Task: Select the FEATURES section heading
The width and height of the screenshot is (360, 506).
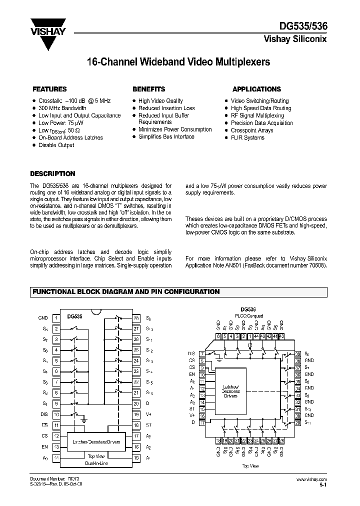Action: pyautogui.click(x=49, y=89)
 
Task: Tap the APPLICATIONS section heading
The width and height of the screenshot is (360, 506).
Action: pyautogui.click(x=256, y=89)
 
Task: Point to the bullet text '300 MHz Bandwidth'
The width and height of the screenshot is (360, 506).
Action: pyautogui.click(x=62, y=108)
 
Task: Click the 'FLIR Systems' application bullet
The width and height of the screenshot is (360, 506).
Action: pyautogui.click(x=247, y=137)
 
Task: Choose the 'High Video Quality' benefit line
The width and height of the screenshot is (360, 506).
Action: pyautogui.click(x=160, y=100)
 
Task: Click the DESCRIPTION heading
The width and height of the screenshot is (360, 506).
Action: pyautogui.click(x=52, y=174)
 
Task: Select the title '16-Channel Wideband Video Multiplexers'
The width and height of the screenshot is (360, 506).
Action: pyautogui.click(x=178, y=62)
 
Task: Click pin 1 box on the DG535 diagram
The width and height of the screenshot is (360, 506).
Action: pyautogui.click(x=56, y=318)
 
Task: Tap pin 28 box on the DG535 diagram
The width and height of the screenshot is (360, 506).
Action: pyautogui.click(x=135, y=318)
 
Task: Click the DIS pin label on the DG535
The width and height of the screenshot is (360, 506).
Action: pyautogui.click(x=43, y=414)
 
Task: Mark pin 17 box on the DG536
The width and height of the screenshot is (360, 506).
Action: pyautogui.click(x=202, y=423)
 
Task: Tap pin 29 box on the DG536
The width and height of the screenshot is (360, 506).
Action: pyautogui.click(x=298, y=423)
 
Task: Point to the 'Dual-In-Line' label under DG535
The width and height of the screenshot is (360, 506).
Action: pyautogui.click(x=96, y=463)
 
